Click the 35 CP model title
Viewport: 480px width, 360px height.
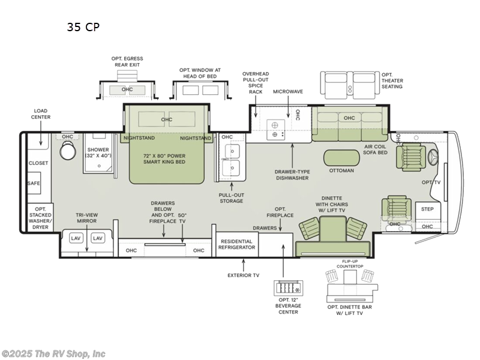[83, 27]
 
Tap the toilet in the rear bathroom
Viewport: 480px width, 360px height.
[68, 151]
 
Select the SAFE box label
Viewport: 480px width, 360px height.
[34, 184]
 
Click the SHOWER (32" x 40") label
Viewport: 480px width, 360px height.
[98, 152]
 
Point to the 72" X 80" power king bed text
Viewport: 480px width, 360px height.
[164, 158]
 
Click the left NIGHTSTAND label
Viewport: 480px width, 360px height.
[139, 138]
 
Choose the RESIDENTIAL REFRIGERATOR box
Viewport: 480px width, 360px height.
[236, 244]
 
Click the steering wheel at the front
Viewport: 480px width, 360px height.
[433, 158]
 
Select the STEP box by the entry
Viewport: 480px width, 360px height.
[428, 211]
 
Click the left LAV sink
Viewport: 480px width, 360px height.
[76, 238]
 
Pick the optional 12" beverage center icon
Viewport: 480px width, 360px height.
[289, 288]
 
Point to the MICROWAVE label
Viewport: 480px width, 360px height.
[288, 92]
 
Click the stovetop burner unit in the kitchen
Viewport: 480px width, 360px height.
[275, 130]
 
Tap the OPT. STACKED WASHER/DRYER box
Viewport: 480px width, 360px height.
[40, 217]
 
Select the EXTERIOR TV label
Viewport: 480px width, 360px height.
[244, 275]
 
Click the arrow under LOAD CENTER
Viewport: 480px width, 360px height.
[41, 133]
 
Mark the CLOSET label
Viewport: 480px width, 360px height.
[38, 163]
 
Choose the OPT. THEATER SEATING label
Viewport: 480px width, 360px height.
[392, 80]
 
